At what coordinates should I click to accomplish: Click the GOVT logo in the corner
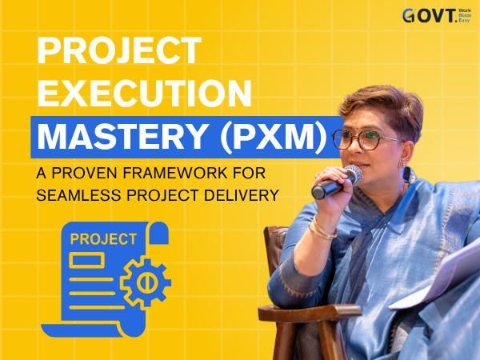click(x=437, y=16)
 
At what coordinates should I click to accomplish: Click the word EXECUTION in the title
click(x=145, y=93)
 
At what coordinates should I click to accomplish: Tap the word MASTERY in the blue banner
click(x=123, y=137)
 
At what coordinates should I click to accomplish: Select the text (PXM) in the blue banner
click(x=274, y=137)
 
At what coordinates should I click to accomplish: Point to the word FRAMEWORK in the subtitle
click(x=175, y=173)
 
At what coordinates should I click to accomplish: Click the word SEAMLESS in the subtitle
click(x=78, y=195)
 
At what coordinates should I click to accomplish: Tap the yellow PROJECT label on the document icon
click(x=103, y=239)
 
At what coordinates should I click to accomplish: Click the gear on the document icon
click(x=146, y=282)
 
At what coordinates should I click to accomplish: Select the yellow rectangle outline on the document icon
click(x=87, y=260)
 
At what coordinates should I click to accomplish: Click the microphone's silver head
click(x=353, y=174)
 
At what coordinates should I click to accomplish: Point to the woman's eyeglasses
click(x=366, y=139)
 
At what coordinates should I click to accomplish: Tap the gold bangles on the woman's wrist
click(x=322, y=230)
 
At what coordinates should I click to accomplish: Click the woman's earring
click(x=402, y=164)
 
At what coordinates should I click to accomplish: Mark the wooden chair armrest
click(x=309, y=313)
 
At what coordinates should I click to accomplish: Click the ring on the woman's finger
click(x=316, y=176)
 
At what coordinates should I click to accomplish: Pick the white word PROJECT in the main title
click(x=119, y=50)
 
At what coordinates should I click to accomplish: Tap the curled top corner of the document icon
click(x=158, y=233)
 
